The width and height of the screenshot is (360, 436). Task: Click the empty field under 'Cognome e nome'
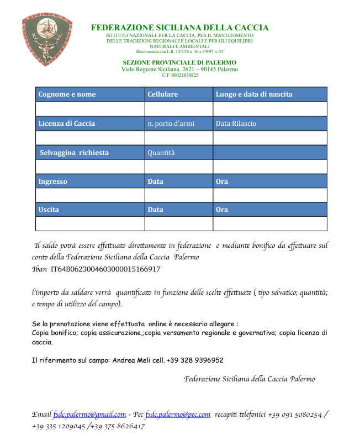click(x=90, y=109)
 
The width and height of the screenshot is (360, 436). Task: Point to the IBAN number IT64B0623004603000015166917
click(x=105, y=269)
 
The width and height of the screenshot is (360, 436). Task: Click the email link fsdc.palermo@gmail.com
click(x=89, y=414)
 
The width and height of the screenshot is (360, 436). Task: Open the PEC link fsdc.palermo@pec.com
click(x=178, y=414)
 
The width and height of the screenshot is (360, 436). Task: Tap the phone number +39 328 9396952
click(x=195, y=360)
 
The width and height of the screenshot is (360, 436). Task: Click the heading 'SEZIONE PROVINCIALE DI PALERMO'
click(x=179, y=63)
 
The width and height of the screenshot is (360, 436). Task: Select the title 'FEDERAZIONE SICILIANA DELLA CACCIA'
click(x=179, y=28)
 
